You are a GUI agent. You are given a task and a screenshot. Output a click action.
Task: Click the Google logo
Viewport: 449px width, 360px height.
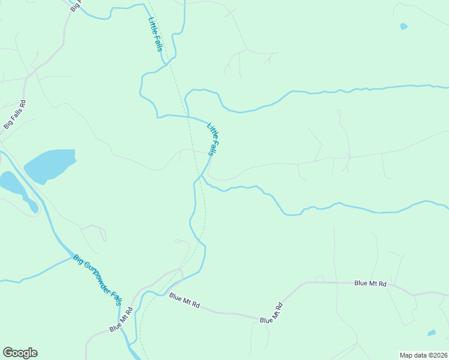(20, 353)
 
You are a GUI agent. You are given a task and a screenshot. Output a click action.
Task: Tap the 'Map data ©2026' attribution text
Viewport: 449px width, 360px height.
(423, 355)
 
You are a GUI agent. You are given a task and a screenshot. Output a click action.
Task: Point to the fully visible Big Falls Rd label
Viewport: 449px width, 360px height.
(16, 114)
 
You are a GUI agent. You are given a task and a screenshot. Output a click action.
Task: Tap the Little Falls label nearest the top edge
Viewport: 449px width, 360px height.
(155, 33)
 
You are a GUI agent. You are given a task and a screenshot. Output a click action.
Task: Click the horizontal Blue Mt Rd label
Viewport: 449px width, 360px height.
(370, 283)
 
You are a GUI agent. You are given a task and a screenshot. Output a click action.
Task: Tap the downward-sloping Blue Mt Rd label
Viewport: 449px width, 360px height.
(184, 299)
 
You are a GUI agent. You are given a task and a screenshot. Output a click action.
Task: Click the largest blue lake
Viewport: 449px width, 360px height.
(50, 165)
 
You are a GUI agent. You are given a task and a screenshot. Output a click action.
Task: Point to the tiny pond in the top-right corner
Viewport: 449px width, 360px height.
(403, 26)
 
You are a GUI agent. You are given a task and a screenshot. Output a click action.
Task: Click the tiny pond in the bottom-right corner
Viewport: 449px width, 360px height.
(431, 332)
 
